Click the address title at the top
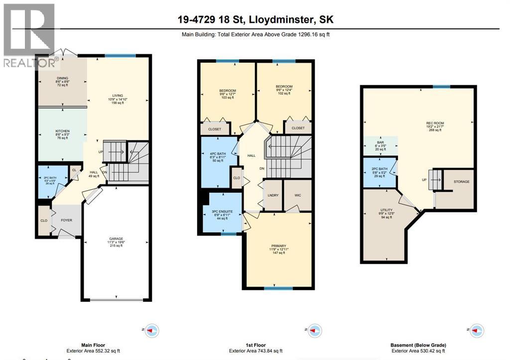[x=255, y=20]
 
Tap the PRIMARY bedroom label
[x=278, y=245]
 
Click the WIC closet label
[x=297, y=196]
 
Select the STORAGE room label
[x=461, y=182]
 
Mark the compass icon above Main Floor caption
[x=152, y=330]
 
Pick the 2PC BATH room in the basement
[x=380, y=171]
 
